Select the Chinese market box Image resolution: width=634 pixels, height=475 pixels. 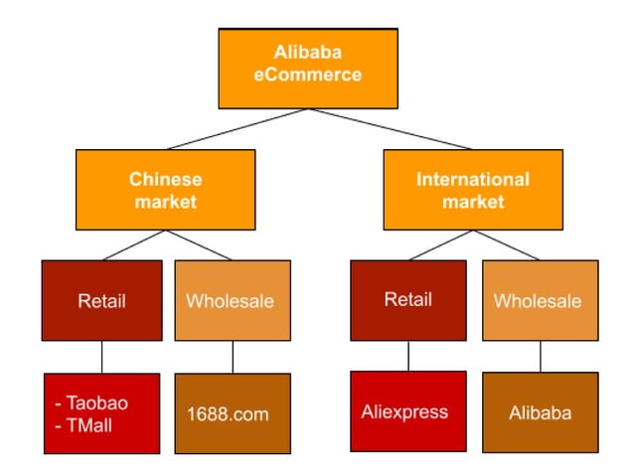[x=165, y=190]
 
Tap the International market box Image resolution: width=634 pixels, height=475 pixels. [x=473, y=190]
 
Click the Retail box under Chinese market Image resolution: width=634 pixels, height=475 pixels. [x=101, y=301]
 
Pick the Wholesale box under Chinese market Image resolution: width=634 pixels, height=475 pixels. [x=233, y=301]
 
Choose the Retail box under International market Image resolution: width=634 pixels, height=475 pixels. [x=408, y=300]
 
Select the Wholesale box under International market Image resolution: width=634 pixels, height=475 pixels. [x=541, y=301]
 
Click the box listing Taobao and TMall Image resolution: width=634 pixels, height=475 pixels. [x=101, y=413]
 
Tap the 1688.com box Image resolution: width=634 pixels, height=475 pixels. [x=233, y=413]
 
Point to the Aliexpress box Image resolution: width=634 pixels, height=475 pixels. [x=408, y=410]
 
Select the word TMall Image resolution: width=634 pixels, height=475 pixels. [x=93, y=424]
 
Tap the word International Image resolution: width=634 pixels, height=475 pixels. [x=473, y=180]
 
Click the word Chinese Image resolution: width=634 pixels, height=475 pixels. [x=165, y=180]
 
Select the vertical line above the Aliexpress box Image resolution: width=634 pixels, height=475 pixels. [x=408, y=356]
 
